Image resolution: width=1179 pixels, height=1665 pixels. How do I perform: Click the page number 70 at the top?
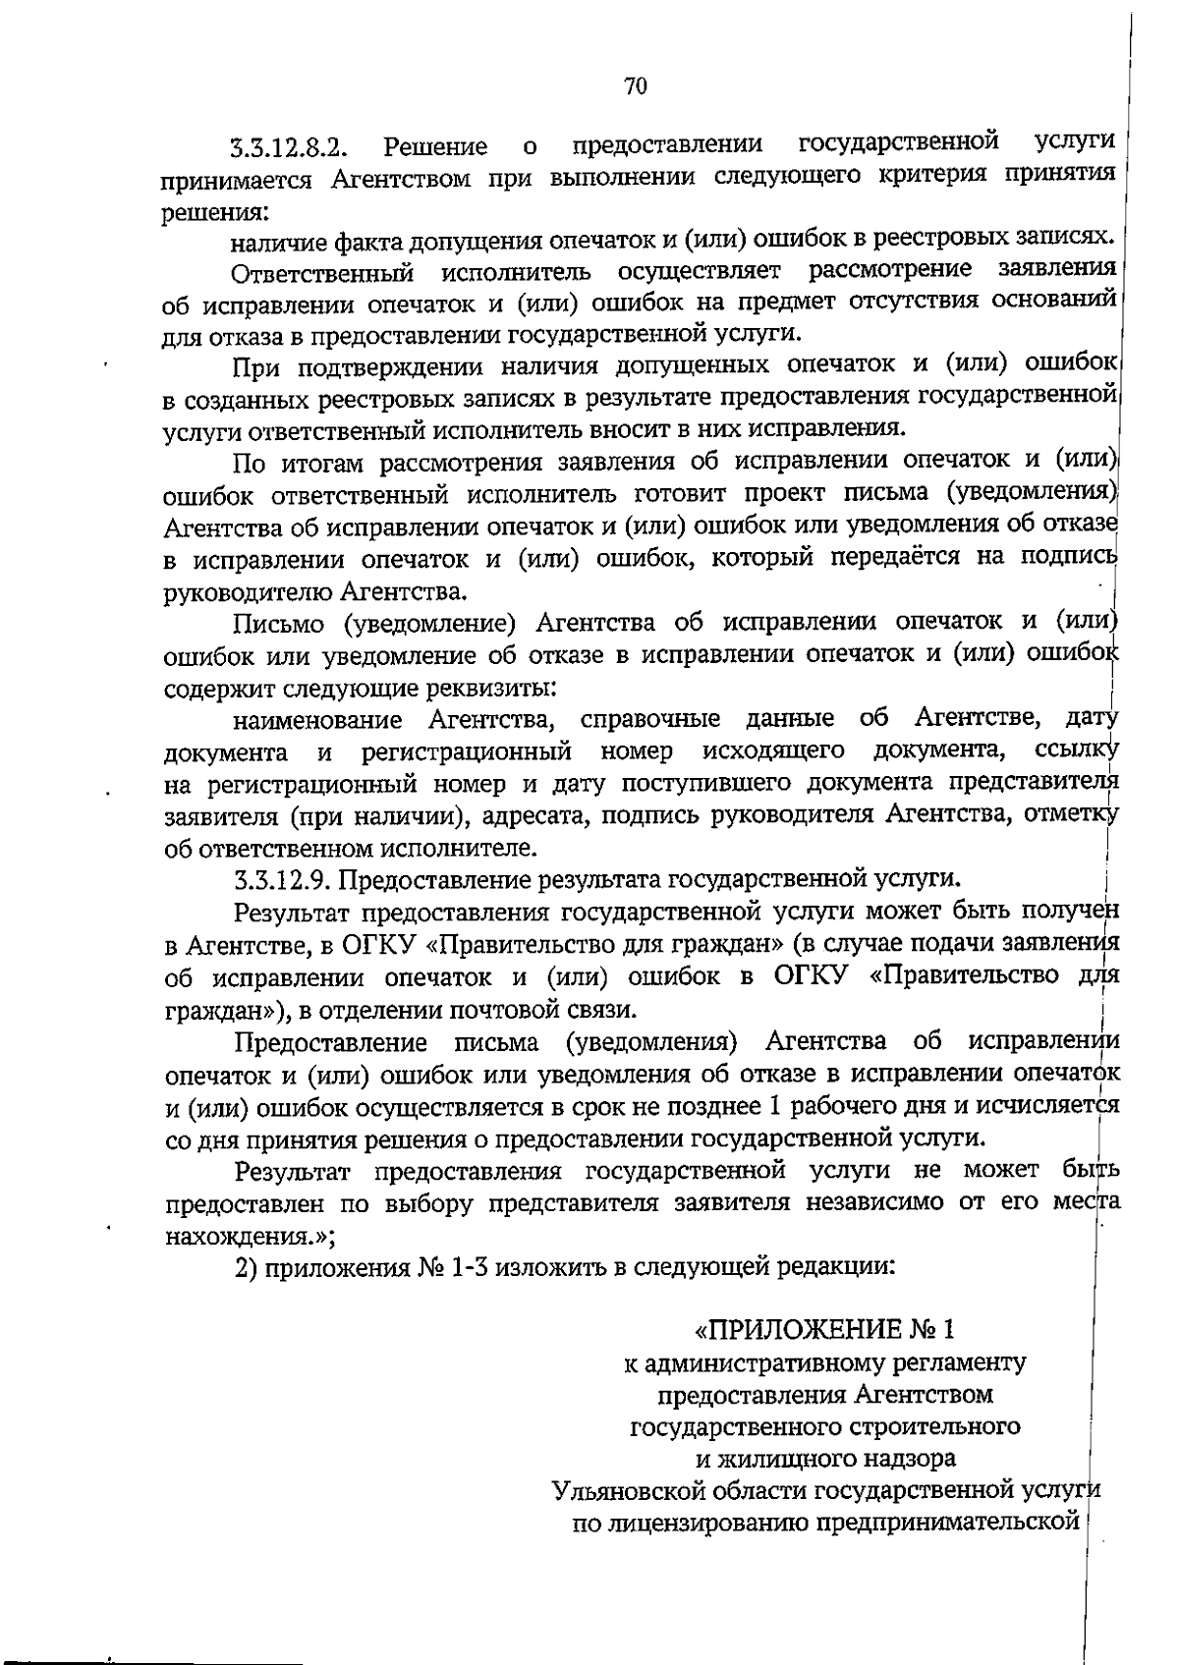coord(636,86)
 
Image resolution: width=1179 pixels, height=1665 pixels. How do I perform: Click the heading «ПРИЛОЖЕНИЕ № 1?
coord(824,1330)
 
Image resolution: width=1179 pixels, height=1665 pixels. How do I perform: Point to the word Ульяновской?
coord(629,1491)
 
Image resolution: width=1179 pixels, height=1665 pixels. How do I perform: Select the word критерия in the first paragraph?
coord(931,177)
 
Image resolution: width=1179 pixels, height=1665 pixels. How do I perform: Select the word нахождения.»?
coord(251,1236)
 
